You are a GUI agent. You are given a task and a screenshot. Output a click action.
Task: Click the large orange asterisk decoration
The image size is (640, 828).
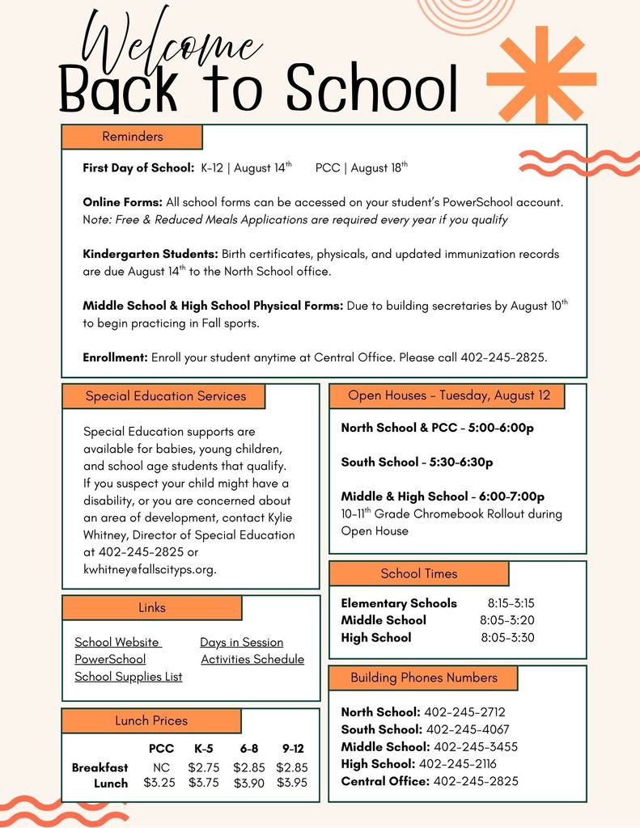point(541,79)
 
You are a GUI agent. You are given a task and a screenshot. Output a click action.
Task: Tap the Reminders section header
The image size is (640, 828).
point(132,137)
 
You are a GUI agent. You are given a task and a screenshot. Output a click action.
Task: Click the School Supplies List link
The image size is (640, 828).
point(129,677)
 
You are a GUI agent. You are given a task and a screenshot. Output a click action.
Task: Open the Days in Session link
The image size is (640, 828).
point(242,642)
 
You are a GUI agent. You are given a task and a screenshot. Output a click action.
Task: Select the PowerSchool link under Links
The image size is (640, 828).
point(110,659)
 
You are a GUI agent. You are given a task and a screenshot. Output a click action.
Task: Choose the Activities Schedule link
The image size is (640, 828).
point(252,659)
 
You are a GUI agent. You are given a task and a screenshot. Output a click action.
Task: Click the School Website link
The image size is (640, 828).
point(117,642)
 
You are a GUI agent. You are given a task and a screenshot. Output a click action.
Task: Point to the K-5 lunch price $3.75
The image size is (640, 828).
point(203,783)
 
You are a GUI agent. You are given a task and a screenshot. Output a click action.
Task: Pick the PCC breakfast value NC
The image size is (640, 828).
point(161,767)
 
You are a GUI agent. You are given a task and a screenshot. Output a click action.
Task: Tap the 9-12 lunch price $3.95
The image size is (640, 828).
point(292,783)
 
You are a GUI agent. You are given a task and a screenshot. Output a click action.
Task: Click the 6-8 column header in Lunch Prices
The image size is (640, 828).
point(248,749)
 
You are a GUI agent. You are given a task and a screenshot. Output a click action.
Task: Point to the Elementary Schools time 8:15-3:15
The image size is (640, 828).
point(511,603)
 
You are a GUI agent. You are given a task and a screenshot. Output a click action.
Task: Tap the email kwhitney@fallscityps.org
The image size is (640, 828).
point(150,569)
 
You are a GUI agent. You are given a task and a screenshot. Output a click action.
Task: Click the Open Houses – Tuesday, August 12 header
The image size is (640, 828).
point(448,395)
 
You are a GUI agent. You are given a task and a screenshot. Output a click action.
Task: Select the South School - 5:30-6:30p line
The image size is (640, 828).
point(417,463)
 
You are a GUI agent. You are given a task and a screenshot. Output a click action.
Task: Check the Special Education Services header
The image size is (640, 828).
point(165,396)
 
